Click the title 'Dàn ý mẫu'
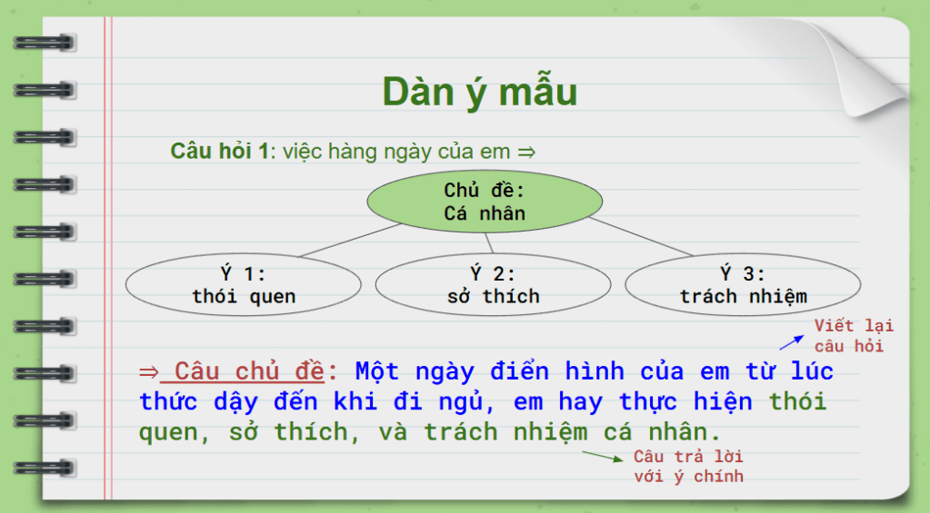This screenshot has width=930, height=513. click(x=479, y=93)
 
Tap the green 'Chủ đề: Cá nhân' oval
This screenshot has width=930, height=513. click(x=485, y=202)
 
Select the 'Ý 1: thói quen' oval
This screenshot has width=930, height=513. click(x=243, y=284)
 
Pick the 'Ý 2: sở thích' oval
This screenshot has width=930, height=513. click(x=493, y=284)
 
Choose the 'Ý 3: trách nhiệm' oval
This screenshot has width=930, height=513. click(x=743, y=284)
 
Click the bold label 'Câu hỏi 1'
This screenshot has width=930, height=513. click(x=219, y=151)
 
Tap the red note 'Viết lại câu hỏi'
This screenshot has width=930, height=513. click(x=854, y=335)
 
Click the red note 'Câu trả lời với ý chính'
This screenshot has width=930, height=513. click(x=688, y=466)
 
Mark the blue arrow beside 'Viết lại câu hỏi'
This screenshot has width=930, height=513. click(x=792, y=342)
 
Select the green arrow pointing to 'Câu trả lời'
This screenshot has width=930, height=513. click(x=603, y=456)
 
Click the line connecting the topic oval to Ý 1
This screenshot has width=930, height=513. click(x=350, y=241)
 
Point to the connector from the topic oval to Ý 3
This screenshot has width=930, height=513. click(x=641, y=237)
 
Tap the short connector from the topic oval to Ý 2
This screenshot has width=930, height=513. click(x=489, y=242)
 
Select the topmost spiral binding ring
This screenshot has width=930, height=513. click(x=45, y=43)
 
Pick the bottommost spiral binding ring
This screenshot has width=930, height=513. click(x=45, y=468)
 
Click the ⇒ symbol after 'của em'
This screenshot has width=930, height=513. click(x=526, y=153)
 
